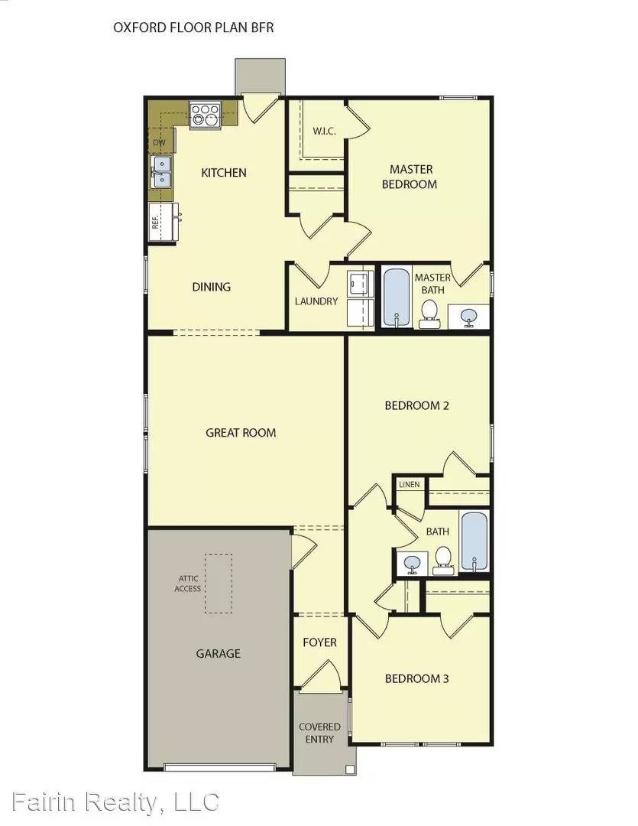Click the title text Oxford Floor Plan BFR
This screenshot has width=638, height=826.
[193, 28]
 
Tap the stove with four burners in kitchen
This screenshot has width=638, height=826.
[205, 115]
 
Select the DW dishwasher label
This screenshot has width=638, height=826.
[159, 142]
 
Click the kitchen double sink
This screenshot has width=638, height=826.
[161, 171]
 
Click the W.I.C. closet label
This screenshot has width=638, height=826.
[324, 131]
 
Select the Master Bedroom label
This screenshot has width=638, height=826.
[413, 177]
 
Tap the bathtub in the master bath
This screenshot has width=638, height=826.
[396, 297]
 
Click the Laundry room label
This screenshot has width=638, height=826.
[316, 301]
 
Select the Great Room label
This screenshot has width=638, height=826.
[241, 433]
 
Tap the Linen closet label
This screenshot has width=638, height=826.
[409, 485]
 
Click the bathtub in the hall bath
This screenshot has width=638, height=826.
[474, 541]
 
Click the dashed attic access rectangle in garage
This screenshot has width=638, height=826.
[219, 583]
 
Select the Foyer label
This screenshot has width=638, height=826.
[319, 642]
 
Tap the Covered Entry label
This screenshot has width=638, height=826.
[319, 733]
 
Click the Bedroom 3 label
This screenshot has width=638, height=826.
[416, 678]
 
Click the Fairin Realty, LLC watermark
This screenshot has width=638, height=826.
[111, 802]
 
